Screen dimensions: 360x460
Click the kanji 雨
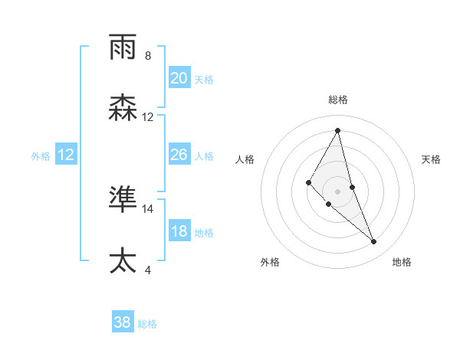123,47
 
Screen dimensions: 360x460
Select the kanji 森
123,108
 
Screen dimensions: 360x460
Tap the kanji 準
123,199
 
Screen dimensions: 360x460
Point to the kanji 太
123,260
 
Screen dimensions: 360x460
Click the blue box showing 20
179,78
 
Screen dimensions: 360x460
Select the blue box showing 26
179,155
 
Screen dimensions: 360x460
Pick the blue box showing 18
179,231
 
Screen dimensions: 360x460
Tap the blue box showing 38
123,322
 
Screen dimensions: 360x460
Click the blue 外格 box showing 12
66,155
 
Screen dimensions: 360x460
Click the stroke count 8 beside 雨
148,56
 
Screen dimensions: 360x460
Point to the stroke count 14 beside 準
148,208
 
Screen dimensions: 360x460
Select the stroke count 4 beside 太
148,270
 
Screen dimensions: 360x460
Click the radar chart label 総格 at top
337,100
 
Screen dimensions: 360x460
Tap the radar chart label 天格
432,159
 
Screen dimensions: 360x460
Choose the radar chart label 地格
402,263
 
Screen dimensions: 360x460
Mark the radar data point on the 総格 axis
337,129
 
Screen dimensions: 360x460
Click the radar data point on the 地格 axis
374,242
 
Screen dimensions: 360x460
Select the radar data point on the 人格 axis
308,182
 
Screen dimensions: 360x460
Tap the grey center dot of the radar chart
337,191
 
